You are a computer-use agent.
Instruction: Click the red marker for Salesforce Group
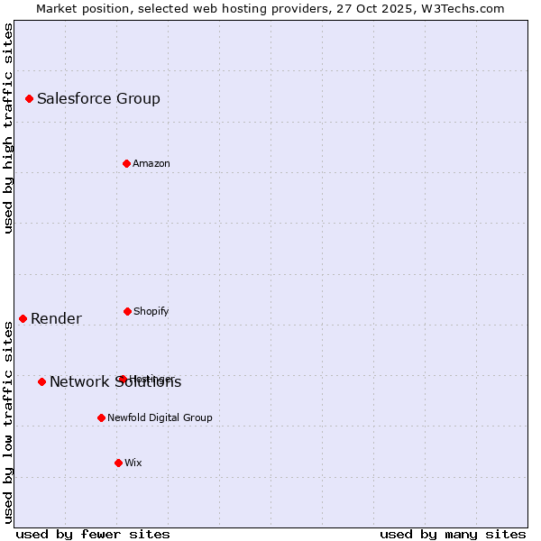[x=29, y=98]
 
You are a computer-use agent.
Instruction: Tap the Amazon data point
[x=126, y=163]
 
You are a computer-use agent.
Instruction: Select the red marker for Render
[x=23, y=318]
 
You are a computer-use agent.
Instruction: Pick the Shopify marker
[x=127, y=311]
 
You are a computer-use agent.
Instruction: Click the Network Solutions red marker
[x=41, y=381]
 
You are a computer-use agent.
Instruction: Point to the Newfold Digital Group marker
[x=101, y=417]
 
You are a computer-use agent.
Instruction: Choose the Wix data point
[x=118, y=463]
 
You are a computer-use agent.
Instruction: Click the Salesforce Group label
[x=98, y=98]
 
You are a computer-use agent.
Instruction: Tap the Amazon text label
[x=151, y=163]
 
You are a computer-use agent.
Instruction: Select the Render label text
[x=56, y=318]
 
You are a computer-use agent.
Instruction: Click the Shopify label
[x=151, y=311]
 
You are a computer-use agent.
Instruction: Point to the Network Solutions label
[x=115, y=381]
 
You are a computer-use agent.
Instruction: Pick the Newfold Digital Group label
[x=160, y=417]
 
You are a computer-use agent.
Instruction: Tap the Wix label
[x=133, y=463]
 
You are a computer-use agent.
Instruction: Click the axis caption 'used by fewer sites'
[x=93, y=534]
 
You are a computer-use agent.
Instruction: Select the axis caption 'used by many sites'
[x=453, y=534]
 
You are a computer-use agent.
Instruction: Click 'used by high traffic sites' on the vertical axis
[x=8, y=128]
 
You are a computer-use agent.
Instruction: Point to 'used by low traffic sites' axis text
[x=8, y=422]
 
